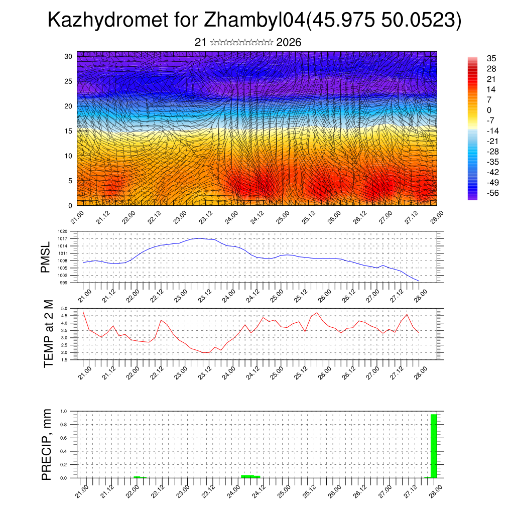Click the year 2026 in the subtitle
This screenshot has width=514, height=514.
tap(289, 43)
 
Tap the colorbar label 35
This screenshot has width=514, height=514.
tap(491, 58)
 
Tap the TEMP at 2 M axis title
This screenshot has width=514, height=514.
tap(48, 333)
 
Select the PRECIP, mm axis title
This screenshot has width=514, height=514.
tap(47, 444)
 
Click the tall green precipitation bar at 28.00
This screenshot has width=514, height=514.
tap(434, 446)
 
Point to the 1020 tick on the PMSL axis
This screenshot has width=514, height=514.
tap(62, 231)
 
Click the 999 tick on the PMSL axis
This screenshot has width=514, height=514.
tap(64, 283)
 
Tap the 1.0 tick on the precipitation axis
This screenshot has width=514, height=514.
tap(64, 411)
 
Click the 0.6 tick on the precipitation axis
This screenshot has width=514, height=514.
tap(64, 438)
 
